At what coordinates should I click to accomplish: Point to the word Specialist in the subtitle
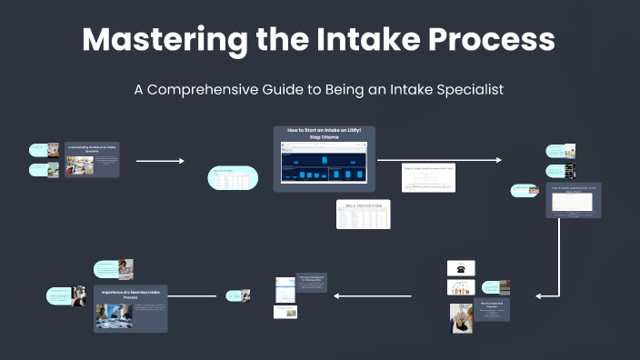[x=464, y=90]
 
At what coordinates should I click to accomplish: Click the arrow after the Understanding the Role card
[x=160, y=161]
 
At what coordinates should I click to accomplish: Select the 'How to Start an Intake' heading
[x=324, y=134]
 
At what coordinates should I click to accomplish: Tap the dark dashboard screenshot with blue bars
[x=325, y=168]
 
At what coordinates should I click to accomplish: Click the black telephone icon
[x=461, y=269]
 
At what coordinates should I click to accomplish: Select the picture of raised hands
[x=461, y=287]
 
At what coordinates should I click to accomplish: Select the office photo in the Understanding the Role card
[x=79, y=165]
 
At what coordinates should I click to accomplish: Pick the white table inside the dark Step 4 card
[x=573, y=203]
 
